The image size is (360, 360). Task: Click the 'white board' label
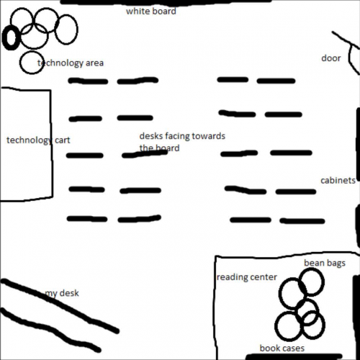pos(151,12)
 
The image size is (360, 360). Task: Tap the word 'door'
pos(331,58)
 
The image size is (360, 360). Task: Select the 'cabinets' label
pos(338,181)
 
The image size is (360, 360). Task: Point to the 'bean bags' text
pos(325,264)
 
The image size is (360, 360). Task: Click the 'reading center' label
pos(247,277)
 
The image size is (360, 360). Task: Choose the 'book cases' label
pos(282,348)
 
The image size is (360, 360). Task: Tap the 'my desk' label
pos(62,293)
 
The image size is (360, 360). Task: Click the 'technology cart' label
pos(38,140)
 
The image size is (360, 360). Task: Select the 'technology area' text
pos(71,63)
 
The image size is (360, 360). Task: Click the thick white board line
pos(166,2)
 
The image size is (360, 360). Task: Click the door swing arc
pos(351,59)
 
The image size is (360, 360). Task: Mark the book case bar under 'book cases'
pos(294,356)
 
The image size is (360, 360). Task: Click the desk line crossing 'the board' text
pos(145,154)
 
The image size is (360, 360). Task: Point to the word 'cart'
pos(63,140)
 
